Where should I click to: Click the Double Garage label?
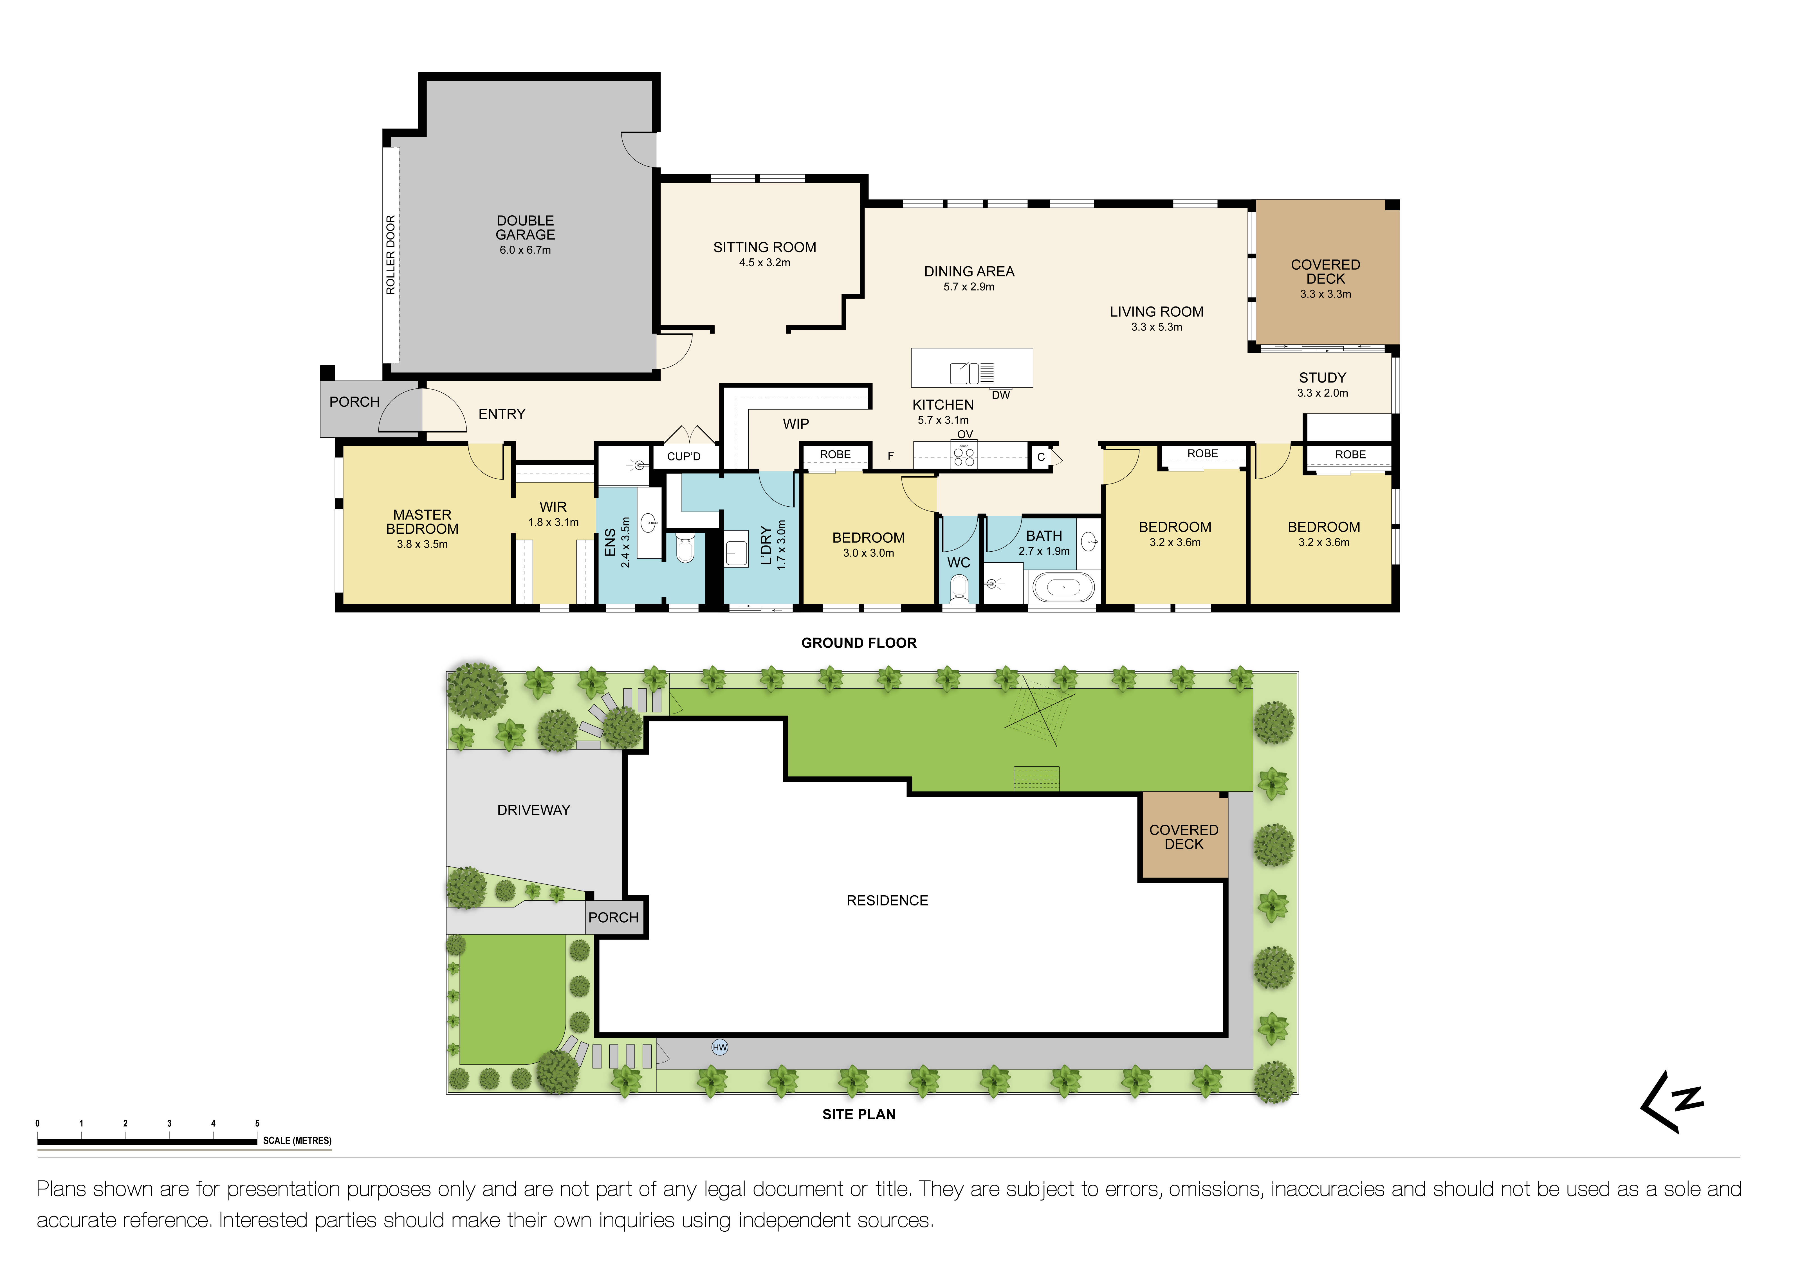tap(525, 228)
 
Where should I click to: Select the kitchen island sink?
tap(959, 373)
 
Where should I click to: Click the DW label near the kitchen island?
tap(1001, 395)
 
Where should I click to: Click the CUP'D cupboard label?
tap(684, 457)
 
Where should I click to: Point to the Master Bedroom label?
tap(422, 522)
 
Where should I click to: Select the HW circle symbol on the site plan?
tap(720, 1047)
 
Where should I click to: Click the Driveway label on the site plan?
tap(534, 810)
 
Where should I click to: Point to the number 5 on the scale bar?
tap(257, 1124)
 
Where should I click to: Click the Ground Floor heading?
tap(859, 643)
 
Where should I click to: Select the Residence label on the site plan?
tap(887, 900)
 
